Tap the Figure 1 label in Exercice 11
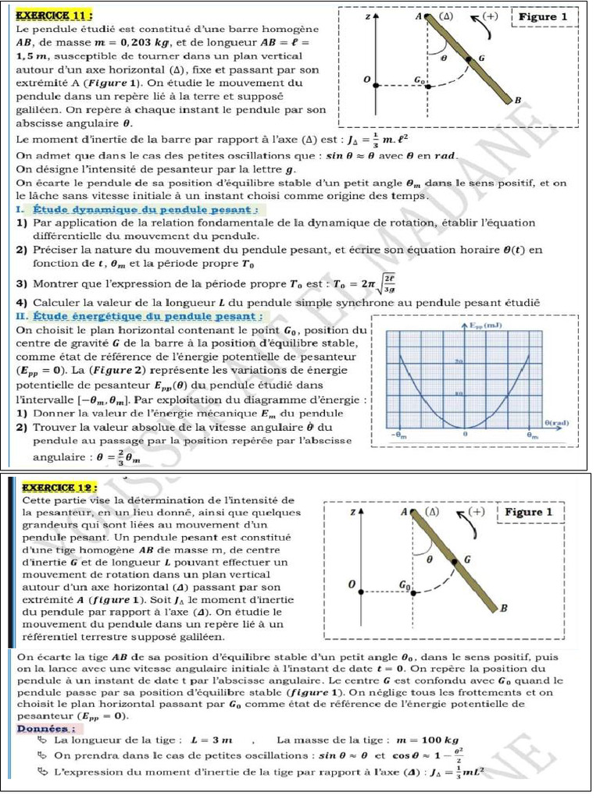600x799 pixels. [548, 16]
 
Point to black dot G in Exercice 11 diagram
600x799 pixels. [469, 58]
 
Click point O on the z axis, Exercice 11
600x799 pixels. [367, 80]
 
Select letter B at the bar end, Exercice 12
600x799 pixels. [504, 608]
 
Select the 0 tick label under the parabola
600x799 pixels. [465, 434]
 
